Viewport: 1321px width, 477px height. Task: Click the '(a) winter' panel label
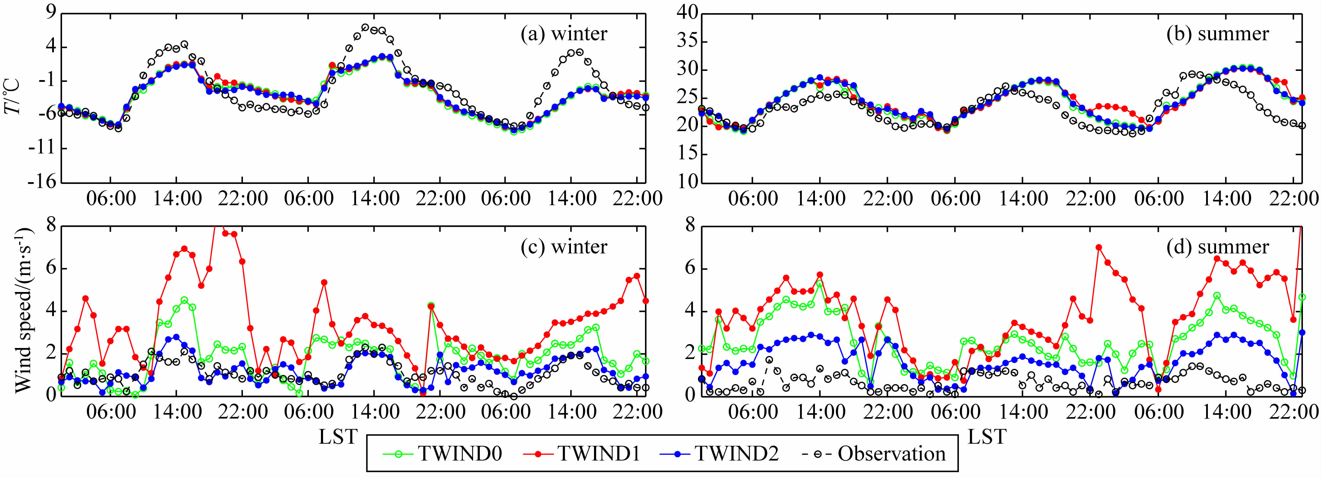click(x=564, y=34)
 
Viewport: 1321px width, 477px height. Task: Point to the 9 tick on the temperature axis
click(x=50, y=13)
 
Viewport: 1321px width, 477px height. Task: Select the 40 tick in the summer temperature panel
click(x=687, y=13)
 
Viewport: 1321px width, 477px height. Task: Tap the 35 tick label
click(x=687, y=42)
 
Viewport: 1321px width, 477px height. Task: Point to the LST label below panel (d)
click(x=987, y=437)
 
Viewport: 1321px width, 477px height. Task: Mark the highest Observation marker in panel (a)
click(x=365, y=27)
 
